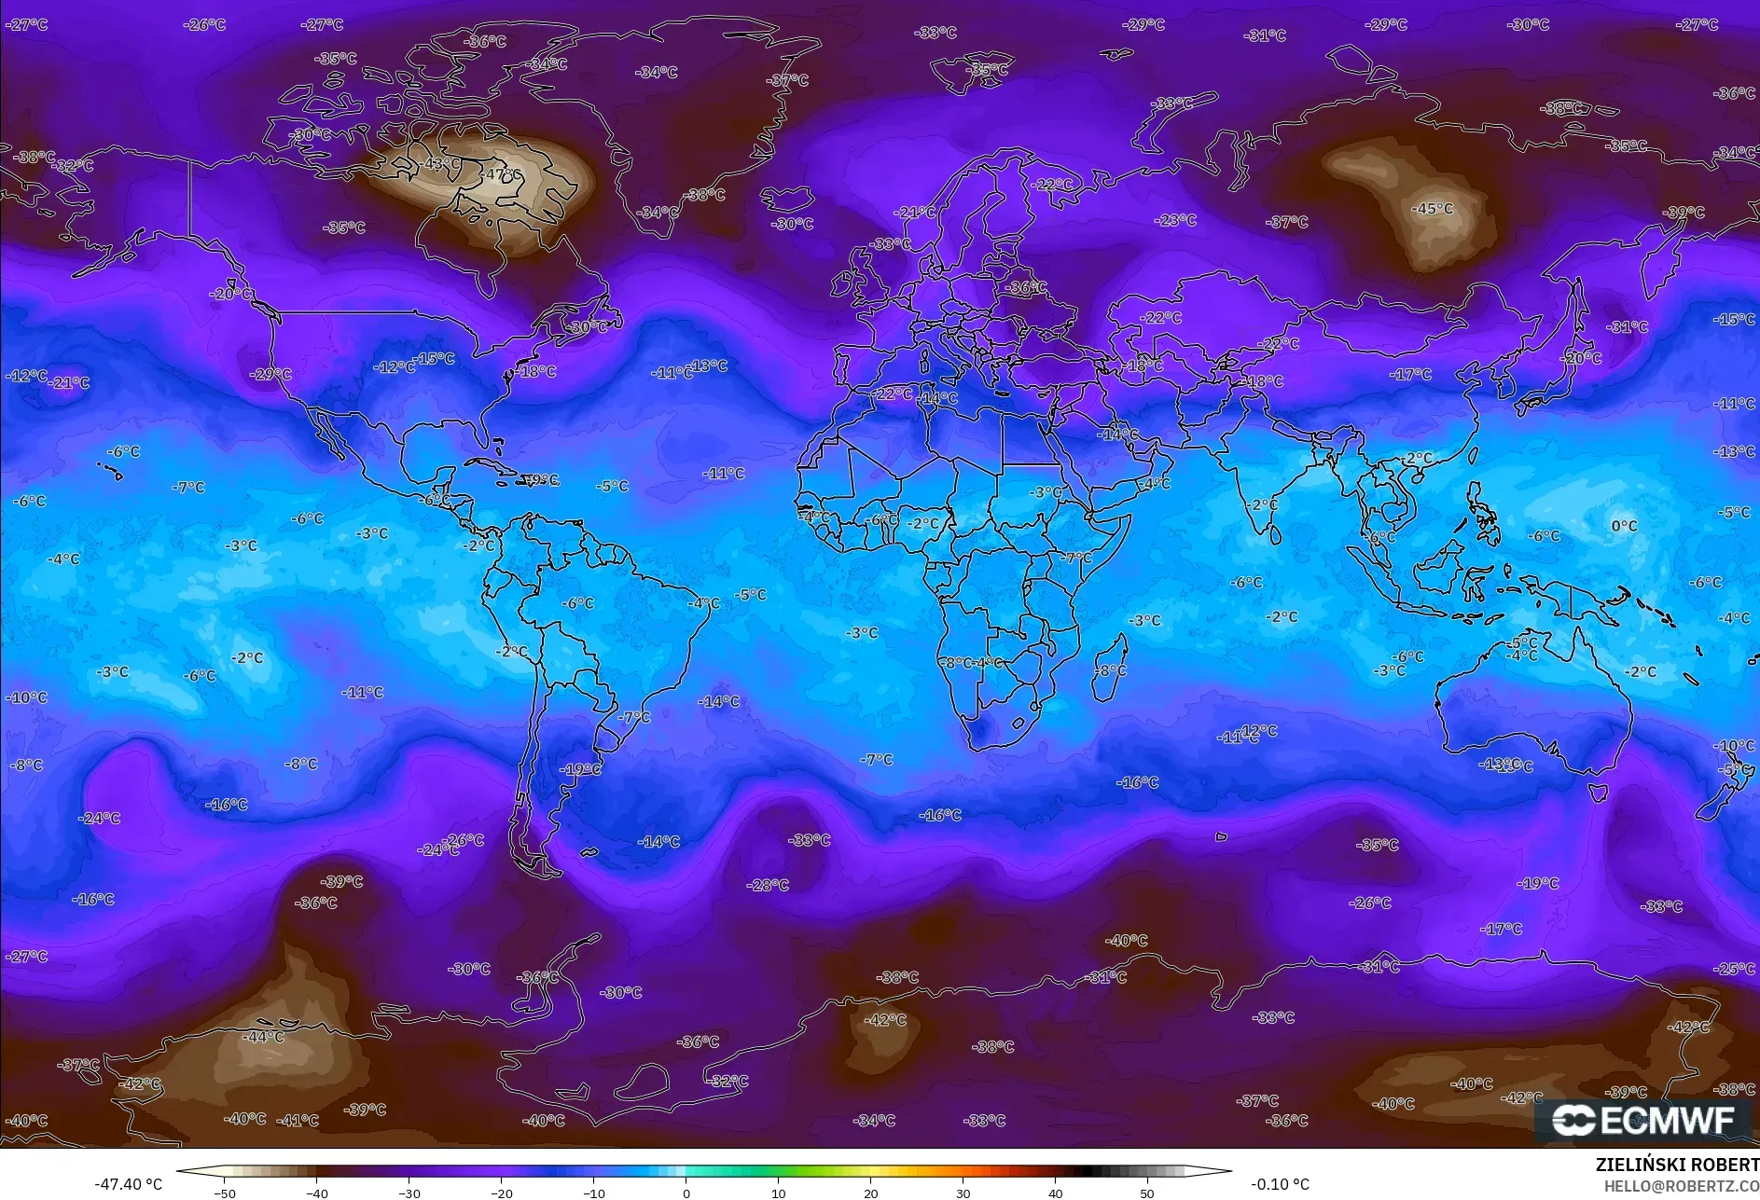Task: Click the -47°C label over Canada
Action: coord(502,174)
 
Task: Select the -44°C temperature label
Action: coord(263,1036)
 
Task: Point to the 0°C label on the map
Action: coord(1624,526)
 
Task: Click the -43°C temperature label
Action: coord(440,163)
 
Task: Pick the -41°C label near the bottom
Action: coord(298,1120)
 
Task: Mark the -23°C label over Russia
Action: coord(1175,220)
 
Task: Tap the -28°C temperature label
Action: coord(768,884)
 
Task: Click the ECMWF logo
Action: coord(1643,1120)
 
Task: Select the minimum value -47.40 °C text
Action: coord(128,1184)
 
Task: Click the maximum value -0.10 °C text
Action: coord(1280,1184)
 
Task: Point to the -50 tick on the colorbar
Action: coord(225,1193)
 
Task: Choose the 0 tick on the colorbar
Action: coord(686,1193)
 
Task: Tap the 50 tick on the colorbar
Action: coord(1147,1193)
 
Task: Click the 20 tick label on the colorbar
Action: coord(870,1193)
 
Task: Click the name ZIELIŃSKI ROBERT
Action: coord(1677,1165)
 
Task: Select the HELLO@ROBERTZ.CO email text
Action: coord(1682,1186)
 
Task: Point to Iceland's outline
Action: coord(786,200)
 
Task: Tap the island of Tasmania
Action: coord(1598,793)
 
